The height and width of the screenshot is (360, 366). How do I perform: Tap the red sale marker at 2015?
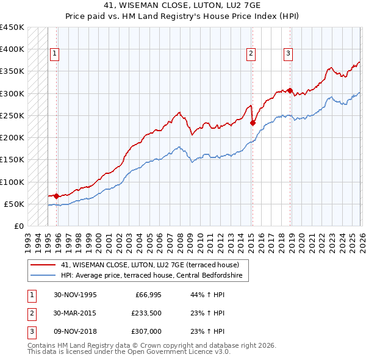[253, 123]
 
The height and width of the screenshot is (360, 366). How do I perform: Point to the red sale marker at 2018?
[290, 90]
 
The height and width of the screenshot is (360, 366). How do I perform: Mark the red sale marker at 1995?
[57, 196]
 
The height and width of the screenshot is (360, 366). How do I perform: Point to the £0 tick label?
[18, 226]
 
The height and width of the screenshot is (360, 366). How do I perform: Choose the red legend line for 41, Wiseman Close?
[43, 265]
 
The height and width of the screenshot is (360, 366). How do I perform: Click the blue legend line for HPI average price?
[43, 276]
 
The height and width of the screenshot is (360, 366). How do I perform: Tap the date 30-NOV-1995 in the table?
[75, 295]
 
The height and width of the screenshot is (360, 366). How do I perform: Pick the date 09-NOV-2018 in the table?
[75, 331]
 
